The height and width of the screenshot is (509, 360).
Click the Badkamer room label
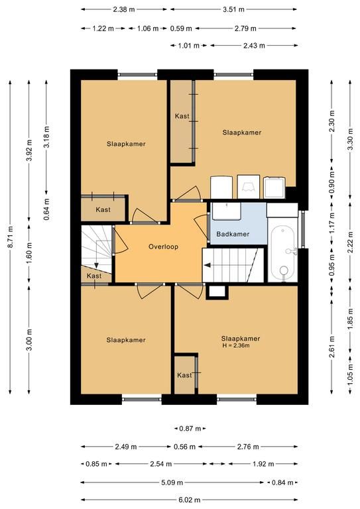pos(233,234)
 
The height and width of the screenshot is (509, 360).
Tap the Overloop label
pos(163,247)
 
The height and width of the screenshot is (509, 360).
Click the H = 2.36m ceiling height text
pos(236,345)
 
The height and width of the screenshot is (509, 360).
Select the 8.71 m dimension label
pos(11,237)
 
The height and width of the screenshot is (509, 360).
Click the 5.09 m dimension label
pos(172,482)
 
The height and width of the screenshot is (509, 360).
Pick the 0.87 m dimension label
pos(190,429)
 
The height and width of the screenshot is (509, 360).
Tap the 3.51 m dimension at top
pos(233,9)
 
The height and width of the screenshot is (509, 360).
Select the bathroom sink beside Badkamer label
pos(226,211)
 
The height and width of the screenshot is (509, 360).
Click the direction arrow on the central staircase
pos(207,265)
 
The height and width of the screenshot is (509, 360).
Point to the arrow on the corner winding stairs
pos(96,265)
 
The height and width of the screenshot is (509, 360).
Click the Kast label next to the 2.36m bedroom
pos(184,375)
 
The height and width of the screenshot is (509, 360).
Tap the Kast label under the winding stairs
pos(94,276)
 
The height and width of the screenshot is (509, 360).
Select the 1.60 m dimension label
pos(29,253)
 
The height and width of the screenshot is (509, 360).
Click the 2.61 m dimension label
pos(331,347)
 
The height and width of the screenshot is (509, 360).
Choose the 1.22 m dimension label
pos(103,28)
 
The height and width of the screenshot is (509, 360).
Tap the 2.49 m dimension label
pos(126,447)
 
